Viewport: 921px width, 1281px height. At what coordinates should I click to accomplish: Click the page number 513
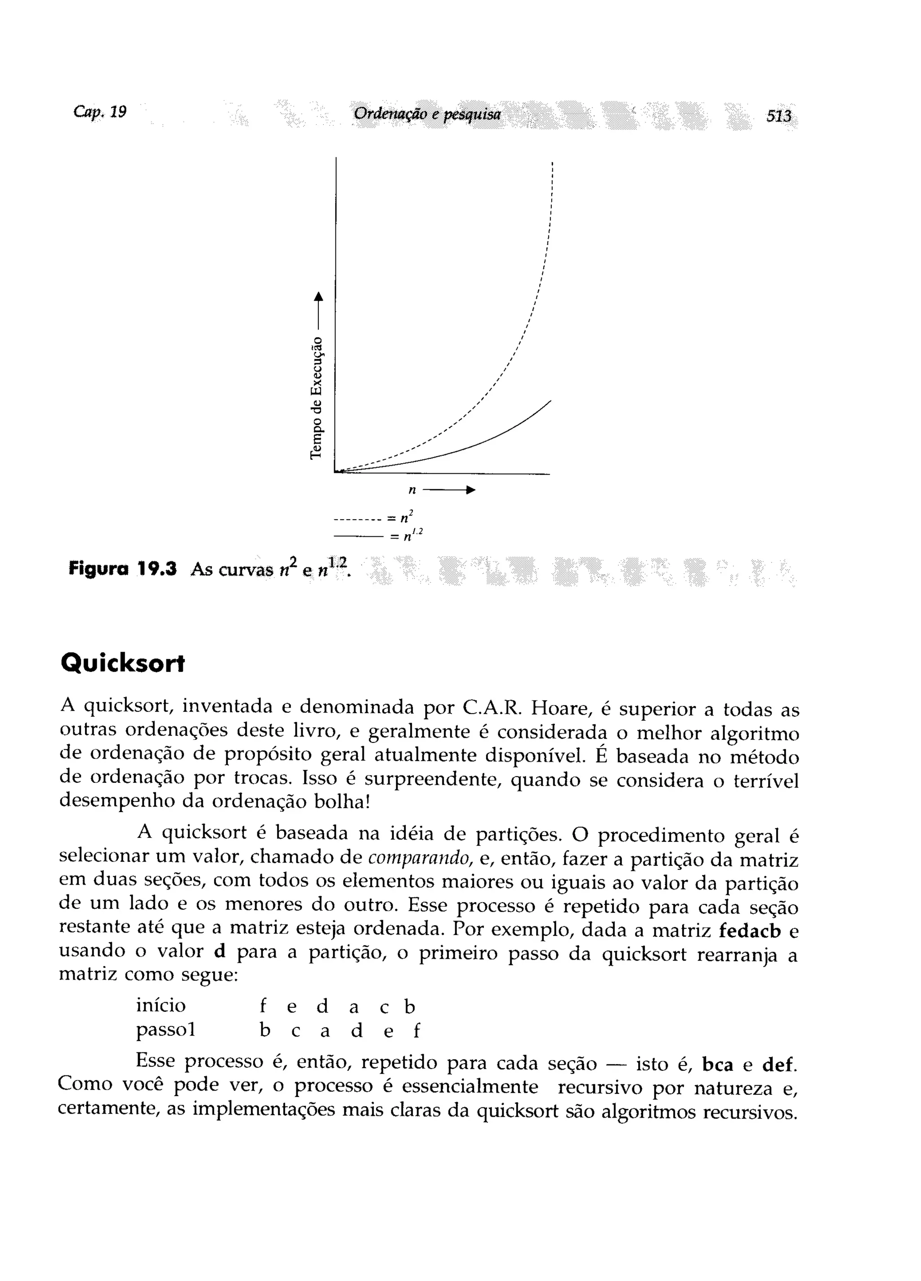click(778, 117)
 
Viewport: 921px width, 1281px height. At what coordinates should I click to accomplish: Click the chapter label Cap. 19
click(100, 112)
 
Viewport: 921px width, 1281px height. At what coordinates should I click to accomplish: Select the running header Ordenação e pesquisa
click(427, 115)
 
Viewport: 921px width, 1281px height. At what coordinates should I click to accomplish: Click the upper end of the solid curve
click(549, 401)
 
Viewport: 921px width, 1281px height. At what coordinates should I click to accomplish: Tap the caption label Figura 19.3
click(122, 568)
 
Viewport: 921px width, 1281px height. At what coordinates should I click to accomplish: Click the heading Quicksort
click(122, 664)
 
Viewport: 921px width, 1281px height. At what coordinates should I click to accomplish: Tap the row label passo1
click(165, 1030)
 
